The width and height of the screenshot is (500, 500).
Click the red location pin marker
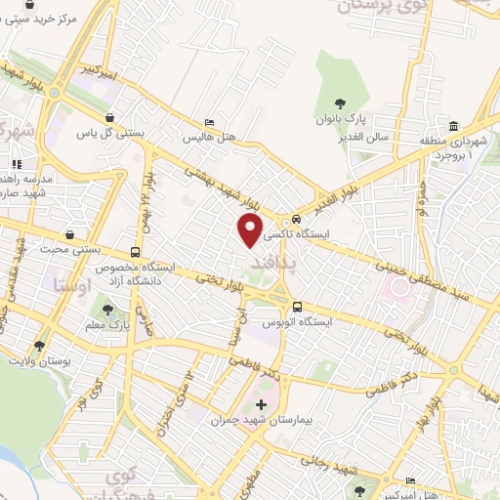click(251, 230)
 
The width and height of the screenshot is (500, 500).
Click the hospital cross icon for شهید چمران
click(261, 403)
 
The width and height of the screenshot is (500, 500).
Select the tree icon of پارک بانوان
click(341, 104)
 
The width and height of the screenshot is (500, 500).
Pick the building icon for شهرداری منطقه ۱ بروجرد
click(454, 128)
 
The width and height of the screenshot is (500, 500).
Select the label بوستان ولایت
click(40, 361)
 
